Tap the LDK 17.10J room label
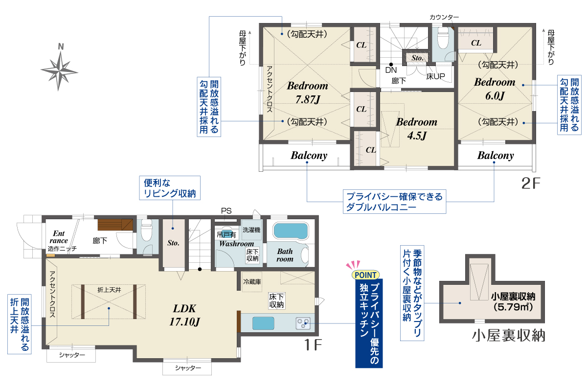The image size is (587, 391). tap(185, 315)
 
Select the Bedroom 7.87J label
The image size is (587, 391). tap(307, 92)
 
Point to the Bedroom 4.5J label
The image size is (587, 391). tap(417, 129)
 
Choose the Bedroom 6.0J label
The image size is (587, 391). tap(495, 89)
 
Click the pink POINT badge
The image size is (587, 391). tap(365, 275)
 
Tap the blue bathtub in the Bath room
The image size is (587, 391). tap(291, 231)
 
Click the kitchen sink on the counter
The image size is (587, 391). tap(263, 323)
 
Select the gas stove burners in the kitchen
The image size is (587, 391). tap(303, 323)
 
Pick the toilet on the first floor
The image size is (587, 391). tap(146, 230)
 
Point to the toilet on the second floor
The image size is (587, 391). tap(443, 38)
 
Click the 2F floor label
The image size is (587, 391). tap(531, 184)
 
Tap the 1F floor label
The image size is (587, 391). tap(313, 345)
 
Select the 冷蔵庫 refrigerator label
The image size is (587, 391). tap(252, 282)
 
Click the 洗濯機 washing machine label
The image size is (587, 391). tap(251, 230)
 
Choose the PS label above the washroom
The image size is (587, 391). tap(226, 210)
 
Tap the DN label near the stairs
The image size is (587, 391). tap(391, 70)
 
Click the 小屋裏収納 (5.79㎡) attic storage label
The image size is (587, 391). tap(513, 301)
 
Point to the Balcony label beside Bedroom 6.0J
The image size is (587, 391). tap(495, 156)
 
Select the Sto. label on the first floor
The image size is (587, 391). tap(173, 243)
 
